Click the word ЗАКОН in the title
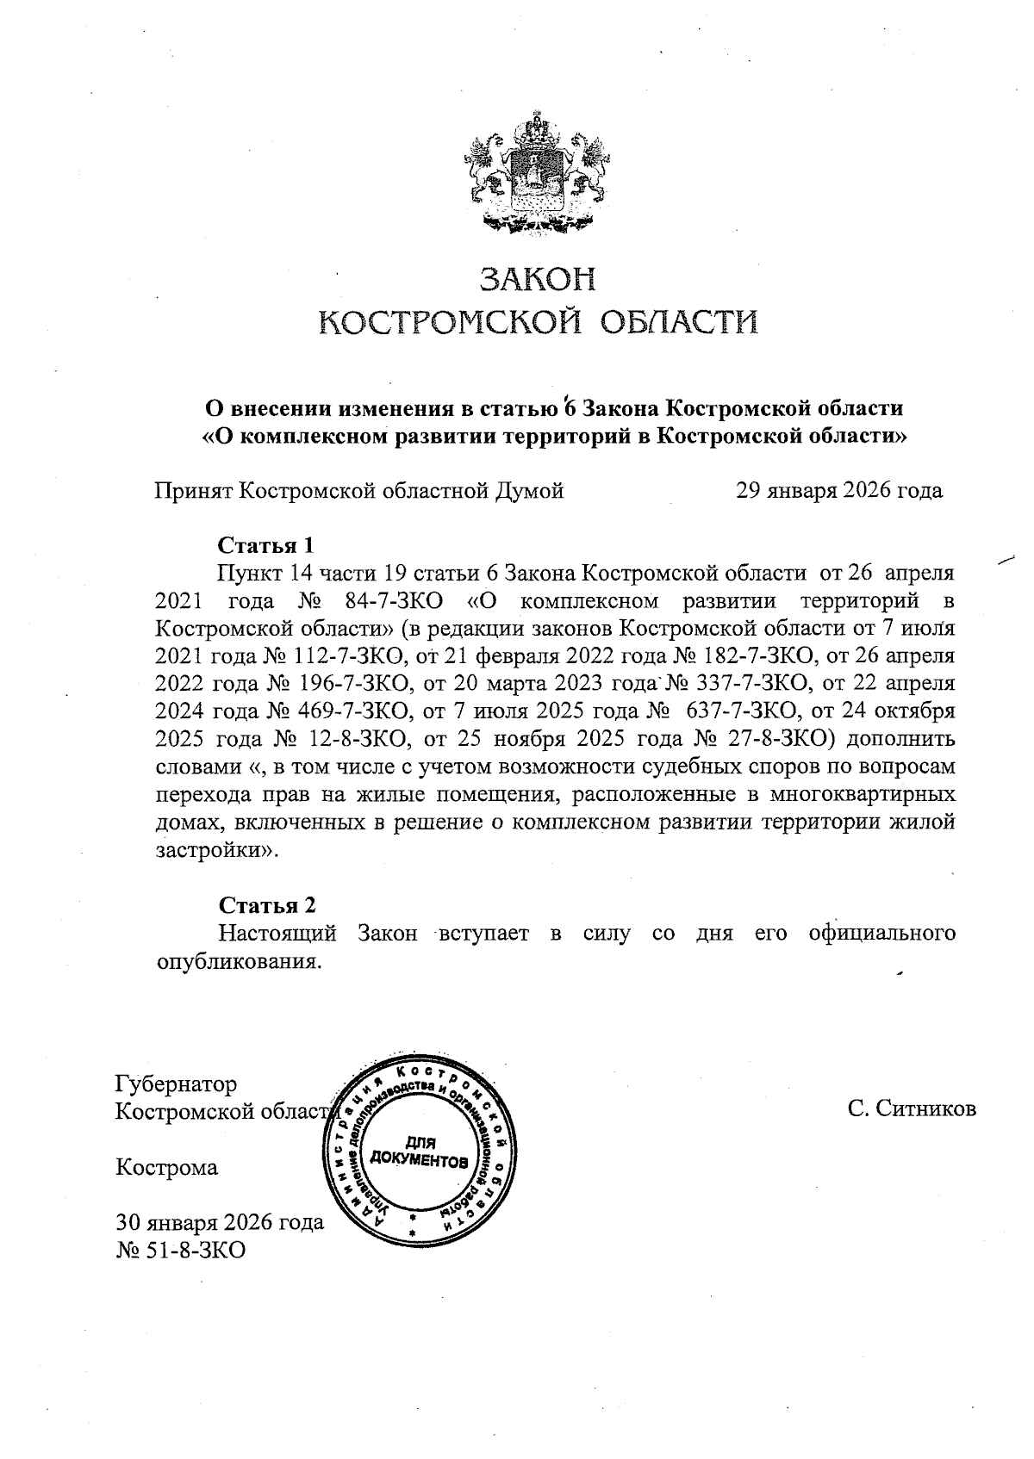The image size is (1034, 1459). coord(537,280)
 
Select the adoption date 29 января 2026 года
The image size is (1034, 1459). coord(838,491)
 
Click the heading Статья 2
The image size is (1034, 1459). coord(267,905)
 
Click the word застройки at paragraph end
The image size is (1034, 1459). coord(214,850)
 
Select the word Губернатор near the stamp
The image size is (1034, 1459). coord(177,1083)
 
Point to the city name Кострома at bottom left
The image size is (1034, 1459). coord(167,1168)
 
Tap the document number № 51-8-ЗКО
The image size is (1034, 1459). coord(181,1249)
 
